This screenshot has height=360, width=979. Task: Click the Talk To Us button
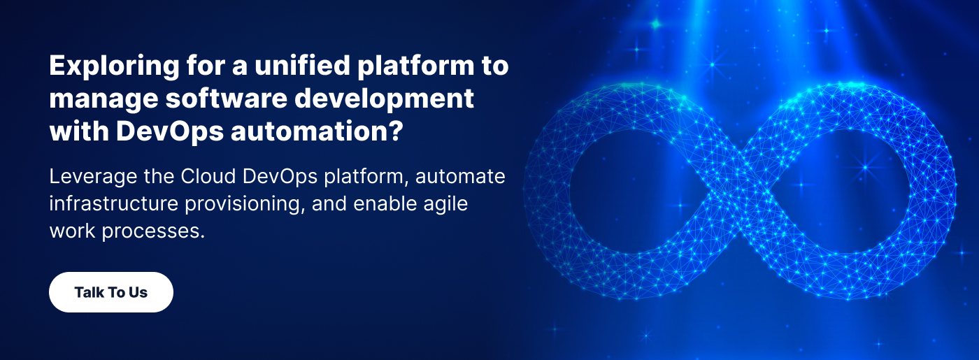(110, 292)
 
